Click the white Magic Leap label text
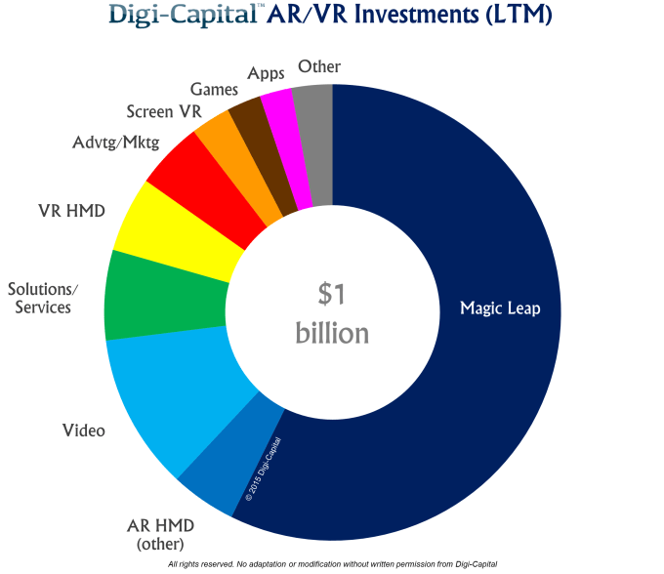pos(500,309)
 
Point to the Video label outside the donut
pos(83,430)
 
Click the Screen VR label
pos(163,111)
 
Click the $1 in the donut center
pos(332,293)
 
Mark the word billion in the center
pos(332,333)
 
